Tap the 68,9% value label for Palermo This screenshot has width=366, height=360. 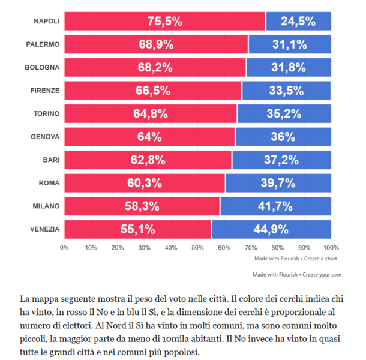[x=155, y=44]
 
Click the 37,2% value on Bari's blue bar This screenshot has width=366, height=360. [x=281, y=160]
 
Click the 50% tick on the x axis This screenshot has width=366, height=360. [x=197, y=247]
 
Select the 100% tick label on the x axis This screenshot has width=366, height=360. [x=331, y=247]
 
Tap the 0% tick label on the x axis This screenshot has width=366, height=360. [x=64, y=247]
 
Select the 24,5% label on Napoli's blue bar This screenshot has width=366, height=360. [x=298, y=21]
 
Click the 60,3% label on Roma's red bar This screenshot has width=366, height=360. [x=145, y=183]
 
